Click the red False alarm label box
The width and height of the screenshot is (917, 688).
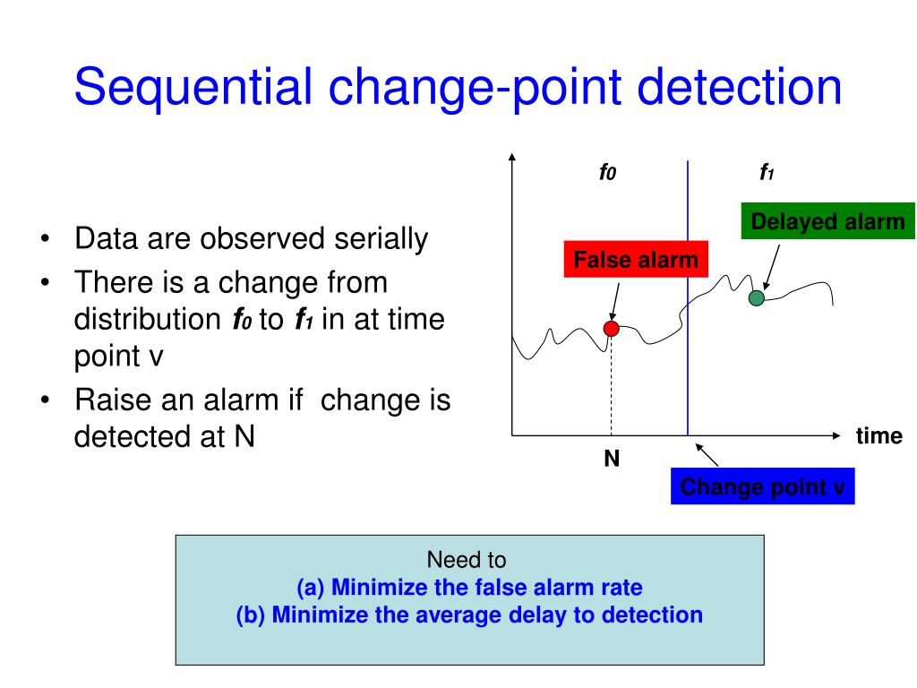636,259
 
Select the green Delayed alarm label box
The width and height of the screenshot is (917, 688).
827,221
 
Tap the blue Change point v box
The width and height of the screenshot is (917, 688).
763,486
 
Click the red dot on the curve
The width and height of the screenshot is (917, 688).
611,329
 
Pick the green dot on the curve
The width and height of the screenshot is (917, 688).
756,297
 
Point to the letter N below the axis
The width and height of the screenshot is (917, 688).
612,459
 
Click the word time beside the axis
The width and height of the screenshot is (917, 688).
879,436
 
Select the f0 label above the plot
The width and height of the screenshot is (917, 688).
608,172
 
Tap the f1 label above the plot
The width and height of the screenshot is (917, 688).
767,172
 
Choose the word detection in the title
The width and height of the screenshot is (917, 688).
739,87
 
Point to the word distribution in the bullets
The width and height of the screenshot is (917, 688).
148,320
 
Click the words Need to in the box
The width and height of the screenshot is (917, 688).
467,560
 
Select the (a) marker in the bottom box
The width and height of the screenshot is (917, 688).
310,588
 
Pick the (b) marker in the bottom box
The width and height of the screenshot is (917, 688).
251,615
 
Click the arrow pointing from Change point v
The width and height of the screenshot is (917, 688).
707,455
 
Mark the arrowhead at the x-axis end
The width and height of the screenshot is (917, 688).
836,435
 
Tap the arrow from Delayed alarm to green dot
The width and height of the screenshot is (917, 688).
772,267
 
